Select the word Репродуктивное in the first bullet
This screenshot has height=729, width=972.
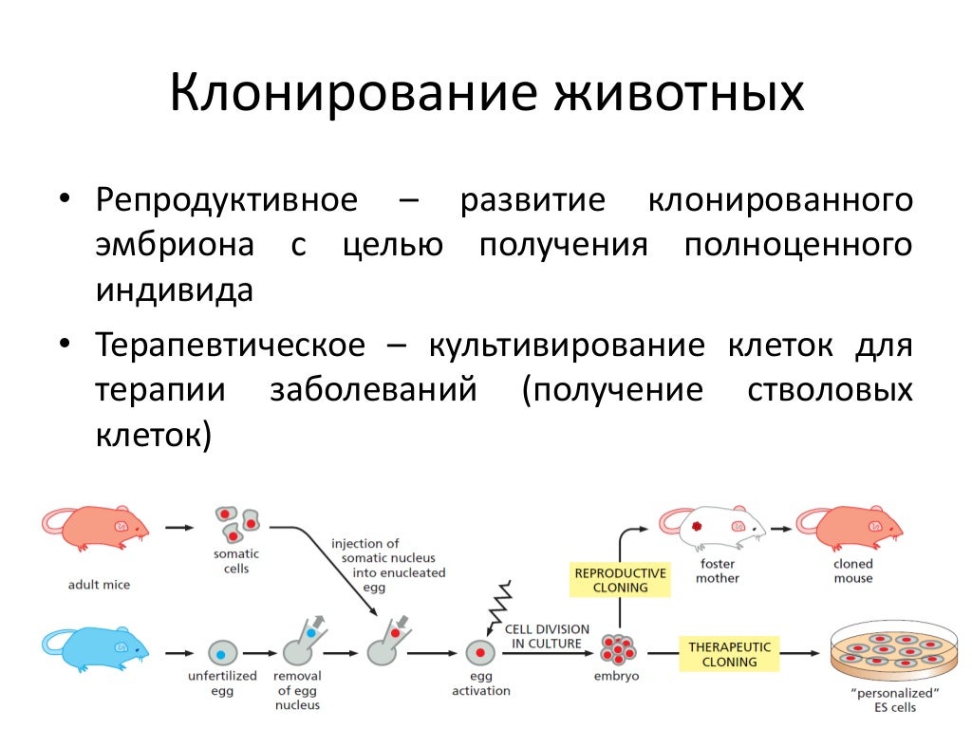(227, 201)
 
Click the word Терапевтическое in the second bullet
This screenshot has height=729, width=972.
(230, 346)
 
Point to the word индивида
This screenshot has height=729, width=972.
(174, 290)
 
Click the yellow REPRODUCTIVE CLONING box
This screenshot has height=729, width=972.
(621, 580)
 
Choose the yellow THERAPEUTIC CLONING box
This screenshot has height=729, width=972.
(730, 654)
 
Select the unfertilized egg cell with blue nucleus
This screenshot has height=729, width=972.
(221, 653)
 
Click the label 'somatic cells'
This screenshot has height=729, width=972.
(236, 561)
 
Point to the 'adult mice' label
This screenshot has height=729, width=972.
(99, 585)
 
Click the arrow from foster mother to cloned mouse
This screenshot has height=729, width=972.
(780, 526)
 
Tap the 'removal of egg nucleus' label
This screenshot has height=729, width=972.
(297, 690)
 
